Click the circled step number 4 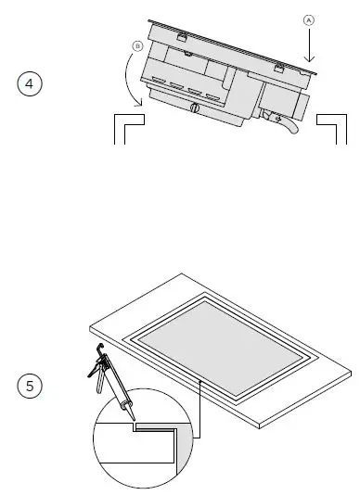click(x=31, y=84)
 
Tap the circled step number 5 click(x=31, y=385)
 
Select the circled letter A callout click(x=309, y=19)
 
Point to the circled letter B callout click(x=137, y=45)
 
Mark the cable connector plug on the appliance click(x=271, y=115)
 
